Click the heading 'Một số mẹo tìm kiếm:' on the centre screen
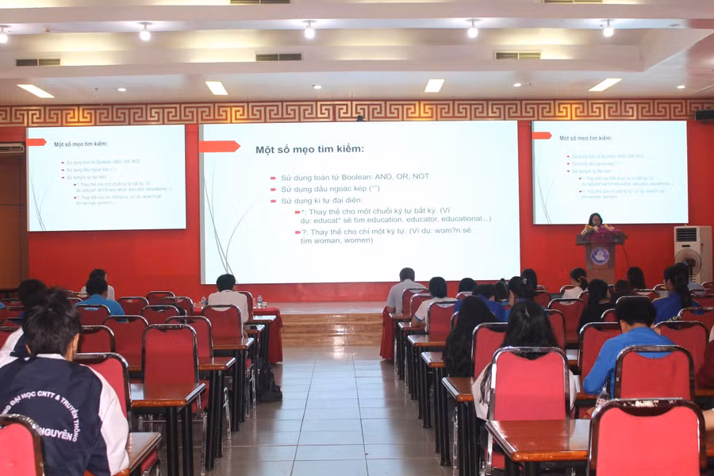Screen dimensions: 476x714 click(x=309, y=149)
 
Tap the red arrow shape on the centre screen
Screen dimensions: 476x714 click(x=219, y=146)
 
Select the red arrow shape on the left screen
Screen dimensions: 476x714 click(x=36, y=142)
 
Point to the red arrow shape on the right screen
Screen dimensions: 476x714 click(x=542, y=136)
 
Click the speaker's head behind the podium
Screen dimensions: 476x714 click(x=594, y=220)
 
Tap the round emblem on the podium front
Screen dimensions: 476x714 click(x=600, y=255)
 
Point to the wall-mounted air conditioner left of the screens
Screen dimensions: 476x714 click(x=12, y=148)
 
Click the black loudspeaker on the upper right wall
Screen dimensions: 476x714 click(x=704, y=115)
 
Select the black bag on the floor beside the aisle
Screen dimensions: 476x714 click(x=267, y=384)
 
